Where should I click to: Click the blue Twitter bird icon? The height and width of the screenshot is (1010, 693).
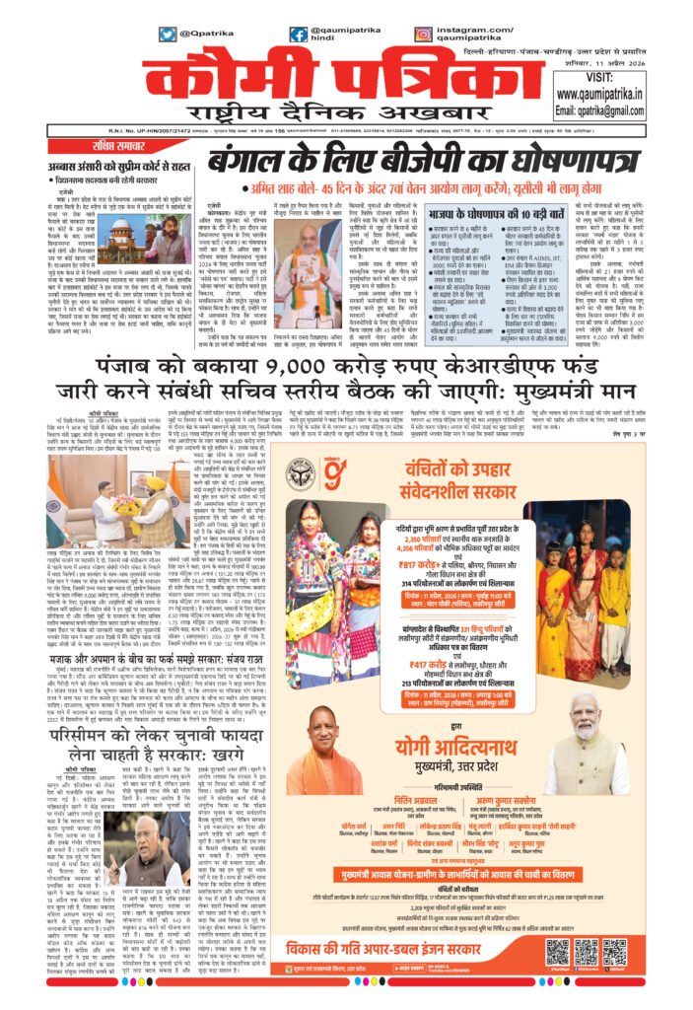pos(168,35)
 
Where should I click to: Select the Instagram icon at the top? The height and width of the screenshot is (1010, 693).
pos(423,35)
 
